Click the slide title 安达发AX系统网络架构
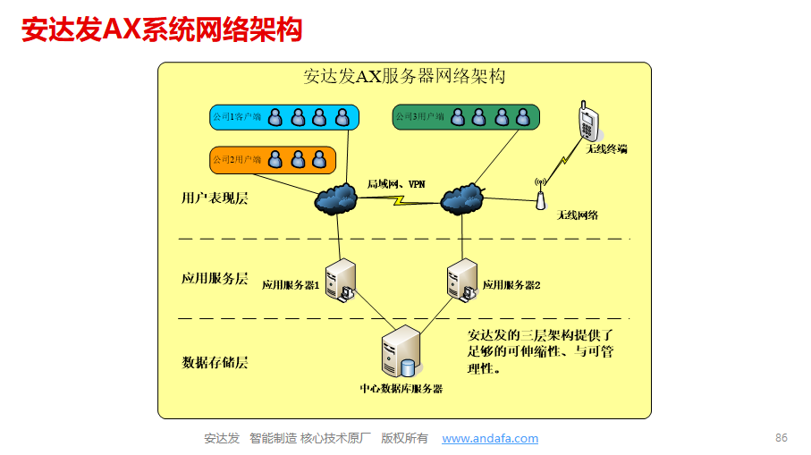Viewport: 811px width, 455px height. [x=162, y=29]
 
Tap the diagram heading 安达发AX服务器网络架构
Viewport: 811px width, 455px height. [x=404, y=77]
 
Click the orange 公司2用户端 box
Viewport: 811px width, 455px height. [x=271, y=160]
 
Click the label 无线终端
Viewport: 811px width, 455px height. [x=606, y=148]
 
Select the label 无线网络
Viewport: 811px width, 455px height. [x=577, y=215]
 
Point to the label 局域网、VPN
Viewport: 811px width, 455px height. [x=395, y=184]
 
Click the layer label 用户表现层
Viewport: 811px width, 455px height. [x=215, y=198]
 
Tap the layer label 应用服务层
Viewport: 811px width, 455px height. [x=215, y=278]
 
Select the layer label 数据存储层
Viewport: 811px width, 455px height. [x=215, y=362]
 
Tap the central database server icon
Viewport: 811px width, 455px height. [x=401, y=353]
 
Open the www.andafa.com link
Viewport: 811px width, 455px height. [x=490, y=439]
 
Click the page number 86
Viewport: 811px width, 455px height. [x=781, y=438]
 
